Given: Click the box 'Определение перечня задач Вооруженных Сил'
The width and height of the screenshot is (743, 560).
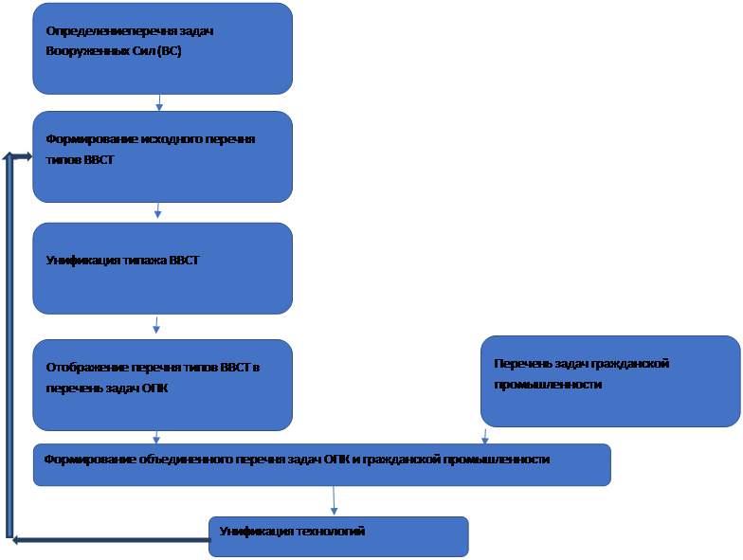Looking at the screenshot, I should pos(162,47).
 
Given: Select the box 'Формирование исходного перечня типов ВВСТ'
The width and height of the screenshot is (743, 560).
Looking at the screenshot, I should pos(162,156).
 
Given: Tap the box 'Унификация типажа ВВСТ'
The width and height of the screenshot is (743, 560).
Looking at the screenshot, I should pos(162,267).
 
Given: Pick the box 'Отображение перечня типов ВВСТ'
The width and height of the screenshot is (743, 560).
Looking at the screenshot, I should pos(162,385).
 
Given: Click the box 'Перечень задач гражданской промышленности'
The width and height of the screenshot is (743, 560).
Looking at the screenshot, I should pos(610,381).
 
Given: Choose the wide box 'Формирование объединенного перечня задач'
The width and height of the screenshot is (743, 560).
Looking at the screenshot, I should pos(321,464).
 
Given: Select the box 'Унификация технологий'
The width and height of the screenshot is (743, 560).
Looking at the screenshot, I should pos(338,536).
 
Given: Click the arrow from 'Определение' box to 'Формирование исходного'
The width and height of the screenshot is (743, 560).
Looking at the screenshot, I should pos(159,102).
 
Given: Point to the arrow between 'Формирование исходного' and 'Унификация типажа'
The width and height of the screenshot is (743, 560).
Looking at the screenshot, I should pos(157,211).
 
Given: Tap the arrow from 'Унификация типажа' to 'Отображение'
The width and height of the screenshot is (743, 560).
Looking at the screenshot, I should pos(156,326).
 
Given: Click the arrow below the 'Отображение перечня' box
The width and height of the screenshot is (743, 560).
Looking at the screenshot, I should pos(156,437).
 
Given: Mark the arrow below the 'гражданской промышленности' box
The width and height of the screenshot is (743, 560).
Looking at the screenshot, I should pos(485,436).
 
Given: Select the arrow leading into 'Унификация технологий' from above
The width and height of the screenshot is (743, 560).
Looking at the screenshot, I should pos(334,501).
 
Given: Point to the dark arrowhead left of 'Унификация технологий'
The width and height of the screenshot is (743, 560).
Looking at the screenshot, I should pos(17,540).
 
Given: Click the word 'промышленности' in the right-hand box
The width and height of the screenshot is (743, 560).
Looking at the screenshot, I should pos(548,385).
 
